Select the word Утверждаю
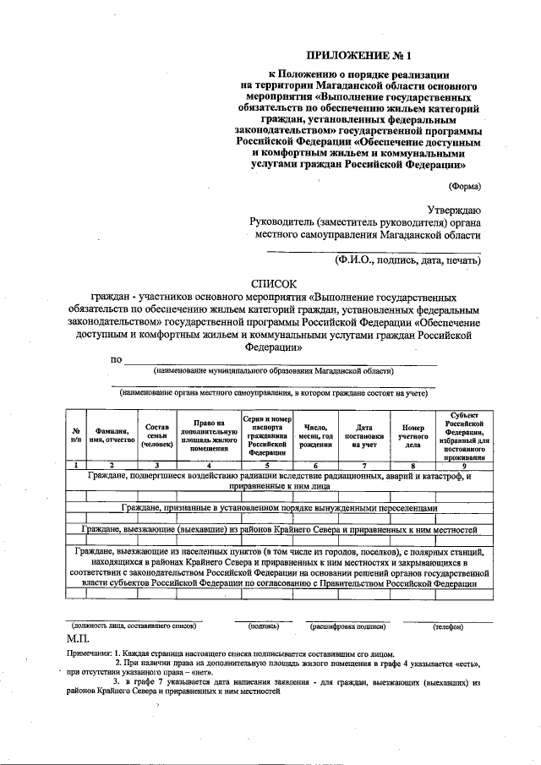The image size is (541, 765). pyautogui.click(x=454, y=209)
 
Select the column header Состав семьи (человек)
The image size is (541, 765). pyautogui.click(x=157, y=434)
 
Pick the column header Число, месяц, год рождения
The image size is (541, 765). pyautogui.click(x=315, y=434)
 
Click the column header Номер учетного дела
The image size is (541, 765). pyautogui.click(x=413, y=434)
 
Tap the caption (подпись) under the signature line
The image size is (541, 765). pyautogui.click(x=264, y=626)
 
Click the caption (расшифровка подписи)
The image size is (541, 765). pyautogui.click(x=347, y=626)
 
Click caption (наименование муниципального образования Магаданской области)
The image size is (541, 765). pyautogui.click(x=273, y=370)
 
